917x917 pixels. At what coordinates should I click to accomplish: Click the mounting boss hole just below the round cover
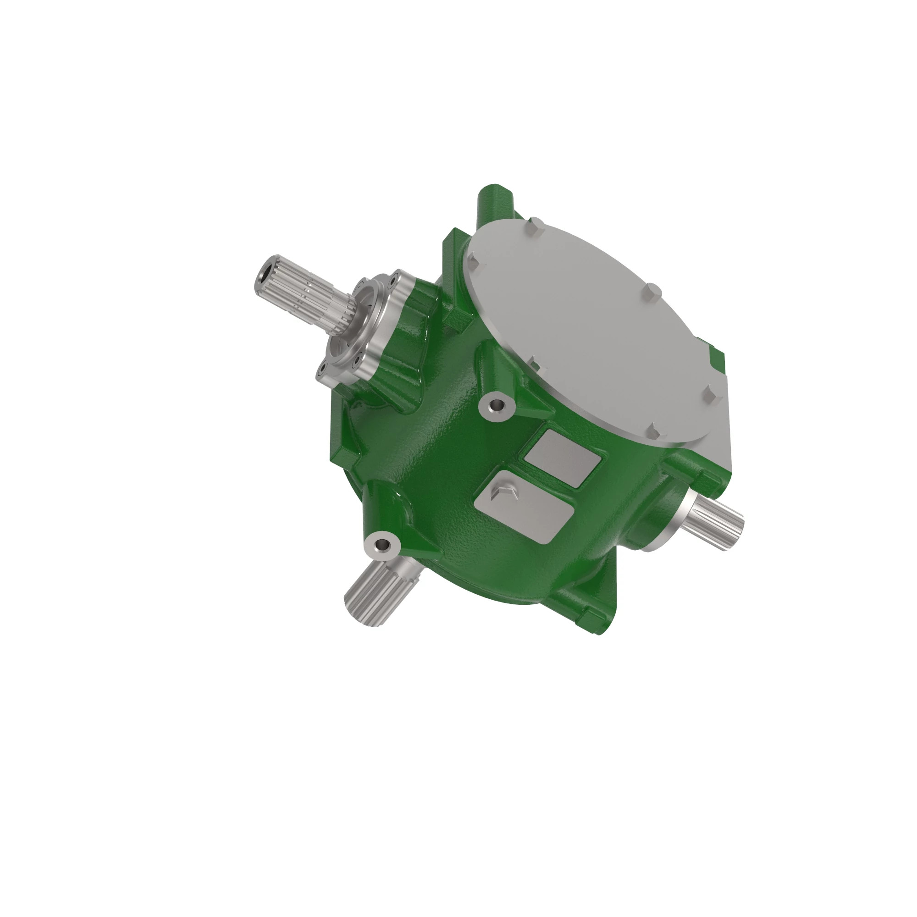pos(497,405)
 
